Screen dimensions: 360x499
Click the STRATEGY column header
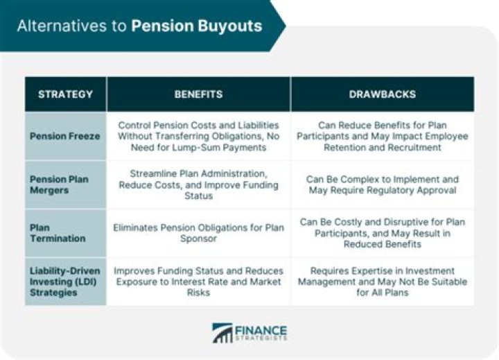point(65,94)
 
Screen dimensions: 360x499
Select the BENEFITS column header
point(198,94)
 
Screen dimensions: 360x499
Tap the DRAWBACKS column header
point(382,94)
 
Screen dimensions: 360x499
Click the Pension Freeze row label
point(64,136)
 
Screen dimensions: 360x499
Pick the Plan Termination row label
point(58,233)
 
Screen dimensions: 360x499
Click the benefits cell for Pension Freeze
point(198,136)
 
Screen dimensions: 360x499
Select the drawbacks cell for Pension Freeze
point(382,136)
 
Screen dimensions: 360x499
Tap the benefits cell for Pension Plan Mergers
point(198,185)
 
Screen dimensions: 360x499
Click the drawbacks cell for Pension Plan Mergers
point(382,185)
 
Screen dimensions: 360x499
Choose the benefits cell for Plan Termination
point(198,233)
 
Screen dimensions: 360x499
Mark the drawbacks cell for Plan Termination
point(382,233)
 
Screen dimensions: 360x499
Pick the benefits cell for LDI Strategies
point(198,282)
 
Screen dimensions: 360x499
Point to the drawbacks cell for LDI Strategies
point(382,282)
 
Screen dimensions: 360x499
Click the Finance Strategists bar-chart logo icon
point(222,333)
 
